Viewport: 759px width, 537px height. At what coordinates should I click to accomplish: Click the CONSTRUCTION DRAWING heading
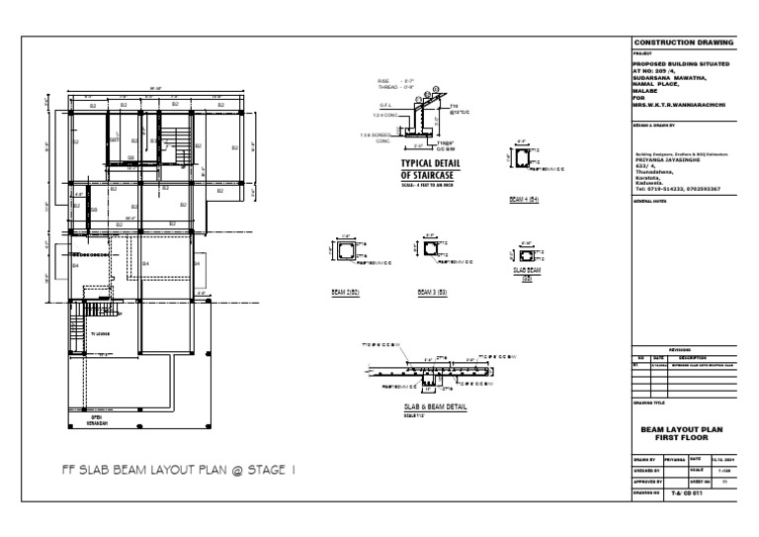pyautogui.click(x=683, y=44)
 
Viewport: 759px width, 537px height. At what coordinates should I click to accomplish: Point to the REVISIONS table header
pyautogui.click(x=682, y=349)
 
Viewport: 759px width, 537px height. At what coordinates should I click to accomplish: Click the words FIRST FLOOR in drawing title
pyautogui.click(x=683, y=436)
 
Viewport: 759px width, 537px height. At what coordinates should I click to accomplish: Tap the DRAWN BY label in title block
pyautogui.click(x=644, y=460)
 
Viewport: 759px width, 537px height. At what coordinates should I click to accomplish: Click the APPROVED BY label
pyautogui.click(x=647, y=480)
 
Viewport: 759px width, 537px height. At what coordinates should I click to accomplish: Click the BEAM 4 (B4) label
pyautogui.click(x=523, y=199)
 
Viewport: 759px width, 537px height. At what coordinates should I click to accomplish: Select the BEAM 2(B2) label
pyautogui.click(x=345, y=293)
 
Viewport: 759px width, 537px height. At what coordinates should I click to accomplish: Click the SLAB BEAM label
pyautogui.click(x=527, y=272)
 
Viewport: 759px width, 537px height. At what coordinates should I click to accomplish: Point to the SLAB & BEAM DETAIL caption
pyautogui.click(x=435, y=406)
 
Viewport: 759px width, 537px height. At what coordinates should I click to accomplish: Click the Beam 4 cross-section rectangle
pyautogui.click(x=521, y=158)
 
